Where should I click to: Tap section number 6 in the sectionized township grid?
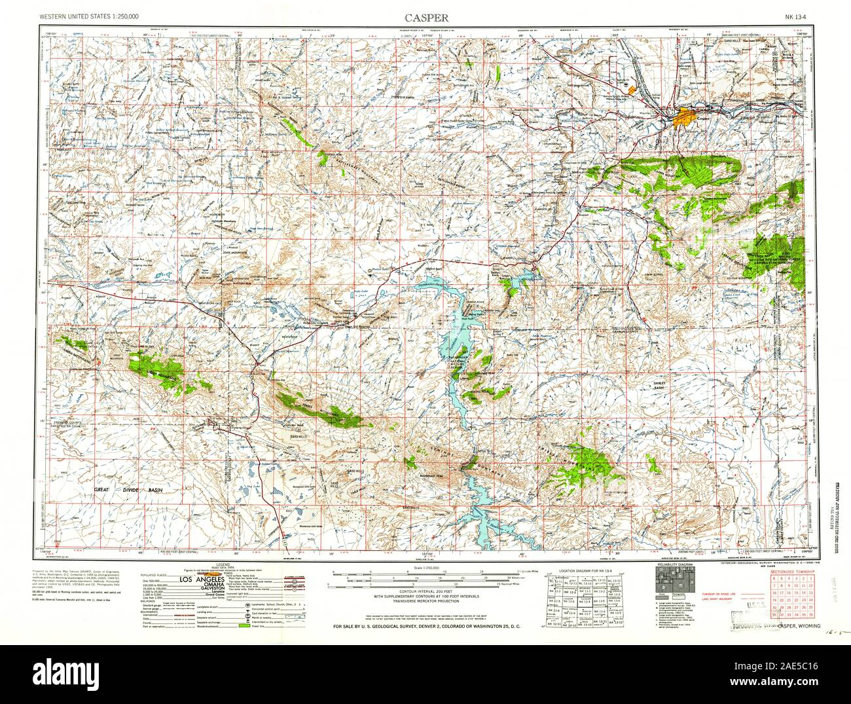(x=776, y=580)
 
